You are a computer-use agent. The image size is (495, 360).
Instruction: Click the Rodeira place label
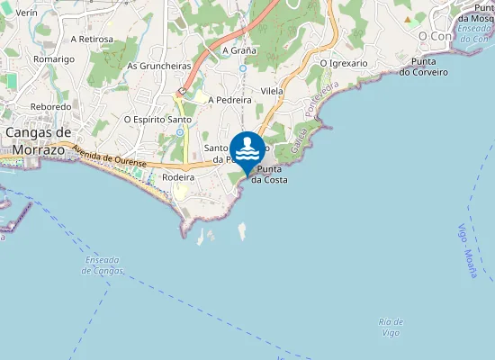[x=178, y=177]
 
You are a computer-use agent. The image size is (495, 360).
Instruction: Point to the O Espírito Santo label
[x=157, y=119]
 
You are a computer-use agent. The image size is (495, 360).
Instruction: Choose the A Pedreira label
[x=229, y=100]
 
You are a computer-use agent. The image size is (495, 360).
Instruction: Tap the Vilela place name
[x=272, y=91]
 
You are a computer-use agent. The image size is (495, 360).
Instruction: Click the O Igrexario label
[x=344, y=63]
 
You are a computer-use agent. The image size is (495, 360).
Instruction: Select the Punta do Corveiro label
[x=423, y=67]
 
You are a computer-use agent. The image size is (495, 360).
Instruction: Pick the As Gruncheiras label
[x=158, y=66]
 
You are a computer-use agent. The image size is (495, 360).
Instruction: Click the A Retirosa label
[x=92, y=39]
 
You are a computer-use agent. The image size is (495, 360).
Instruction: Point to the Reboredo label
[x=50, y=106]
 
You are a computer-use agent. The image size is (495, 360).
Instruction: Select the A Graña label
[x=239, y=50]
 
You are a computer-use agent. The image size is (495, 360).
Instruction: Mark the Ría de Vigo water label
[x=391, y=327]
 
